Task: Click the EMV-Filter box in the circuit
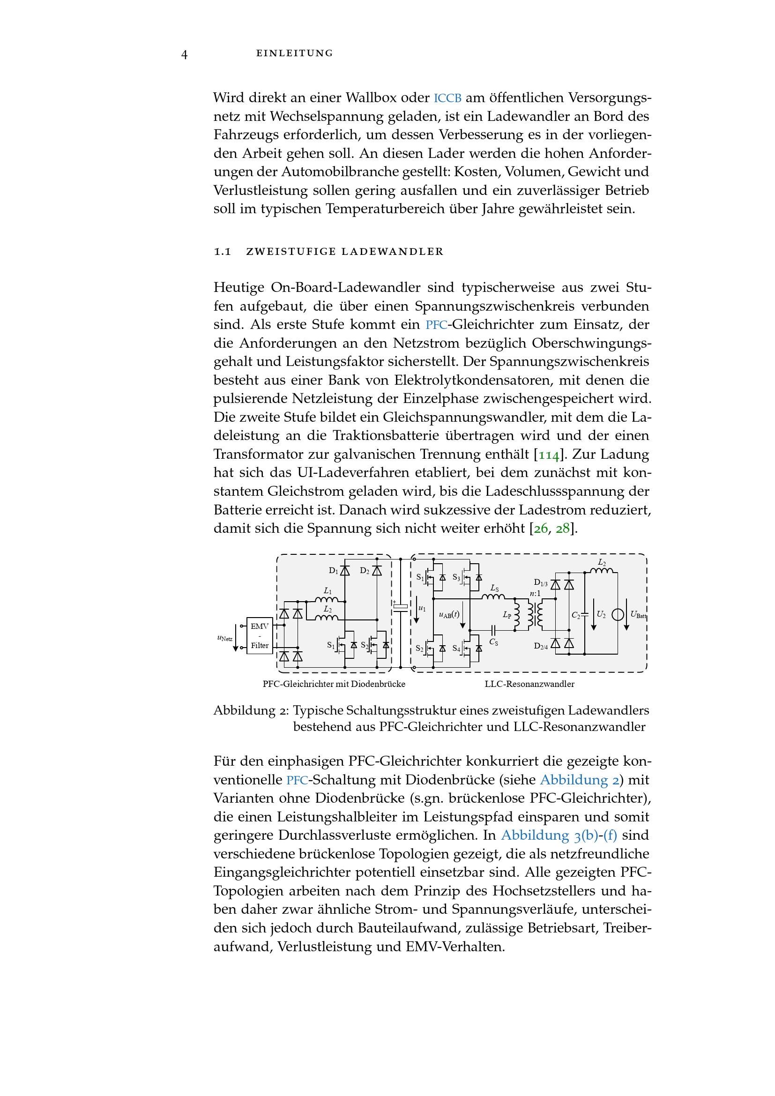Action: [x=260, y=635]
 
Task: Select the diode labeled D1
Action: [x=344, y=570]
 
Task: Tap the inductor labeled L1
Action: [x=327, y=599]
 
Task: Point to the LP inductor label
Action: [x=507, y=615]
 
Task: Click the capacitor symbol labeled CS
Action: [x=494, y=631]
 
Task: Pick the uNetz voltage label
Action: [x=225, y=638]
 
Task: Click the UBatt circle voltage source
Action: [x=618, y=614]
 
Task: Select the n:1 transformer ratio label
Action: [x=535, y=593]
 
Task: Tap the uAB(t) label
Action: [x=449, y=615]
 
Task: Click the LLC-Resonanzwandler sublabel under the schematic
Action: [x=529, y=684]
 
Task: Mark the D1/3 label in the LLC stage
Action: [x=540, y=582]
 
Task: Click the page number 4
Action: [x=184, y=54]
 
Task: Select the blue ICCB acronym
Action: [x=447, y=98]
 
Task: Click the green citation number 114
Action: [x=548, y=455]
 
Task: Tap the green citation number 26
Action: [x=540, y=529]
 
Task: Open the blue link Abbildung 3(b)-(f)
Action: [x=559, y=835]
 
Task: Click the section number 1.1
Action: [x=223, y=252]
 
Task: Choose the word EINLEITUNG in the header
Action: [x=294, y=53]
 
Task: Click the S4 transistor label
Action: [x=456, y=648]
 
